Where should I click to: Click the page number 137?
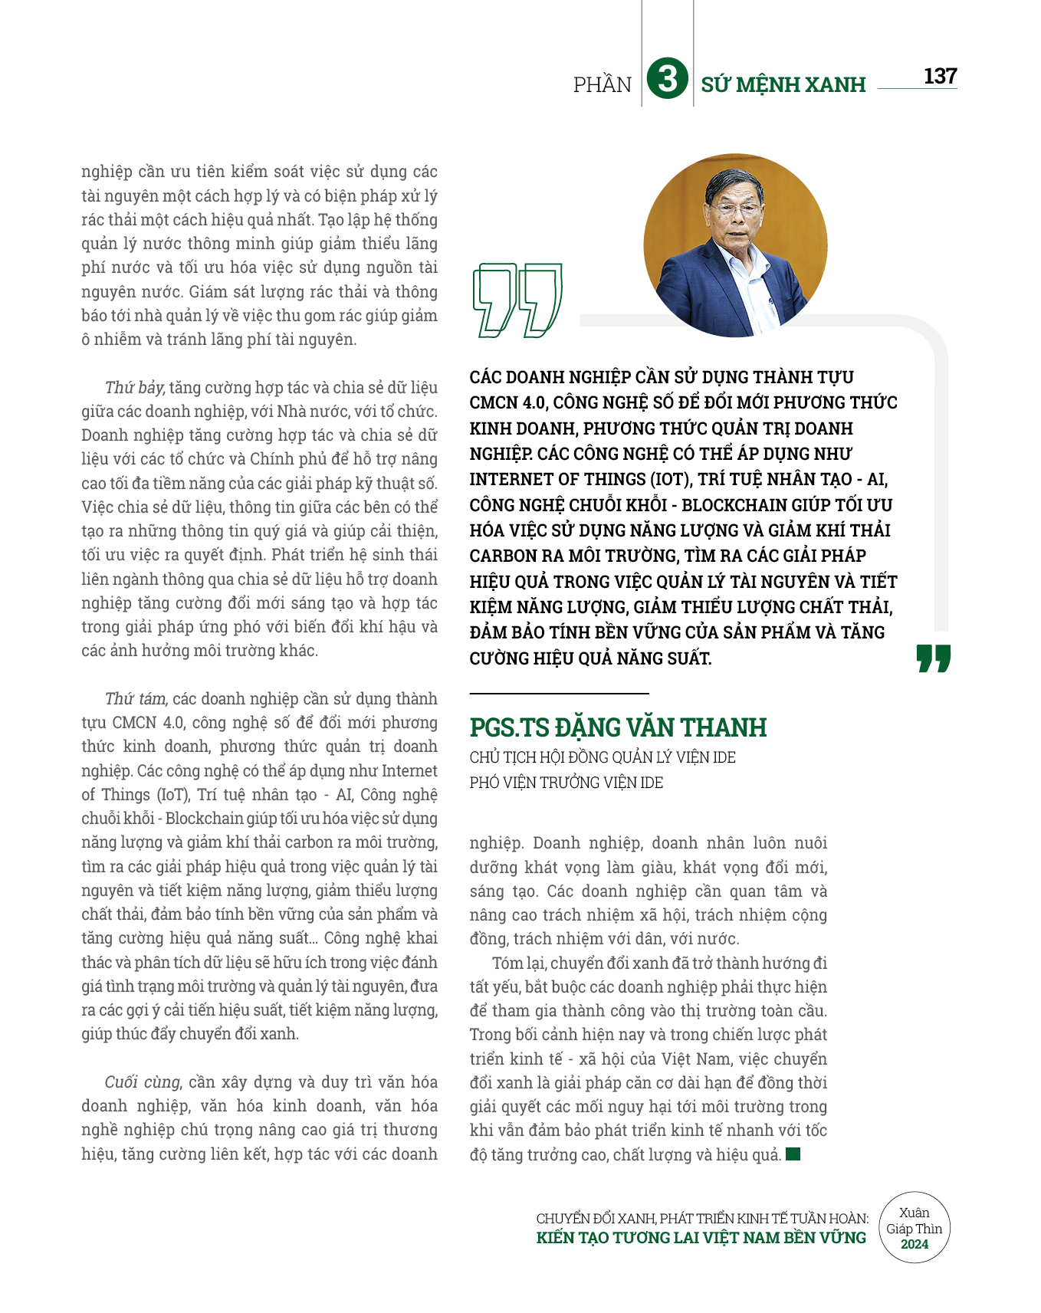[940, 76]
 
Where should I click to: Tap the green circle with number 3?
[667, 79]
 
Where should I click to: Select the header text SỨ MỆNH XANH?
[783, 84]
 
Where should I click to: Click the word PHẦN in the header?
[603, 84]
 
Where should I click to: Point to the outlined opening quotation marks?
[517, 300]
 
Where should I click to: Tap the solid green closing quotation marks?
[933, 659]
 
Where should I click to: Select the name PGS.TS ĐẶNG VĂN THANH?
[618, 727]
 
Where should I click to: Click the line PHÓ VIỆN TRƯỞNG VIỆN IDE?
[566, 783]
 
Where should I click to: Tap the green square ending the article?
[793, 1154]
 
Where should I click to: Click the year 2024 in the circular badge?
[914, 1245]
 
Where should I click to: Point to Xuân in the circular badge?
[914, 1213]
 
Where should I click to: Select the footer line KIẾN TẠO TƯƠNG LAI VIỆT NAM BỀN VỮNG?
[701, 1238]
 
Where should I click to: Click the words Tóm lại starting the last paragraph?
[518, 963]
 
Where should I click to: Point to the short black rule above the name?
[559, 694]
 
